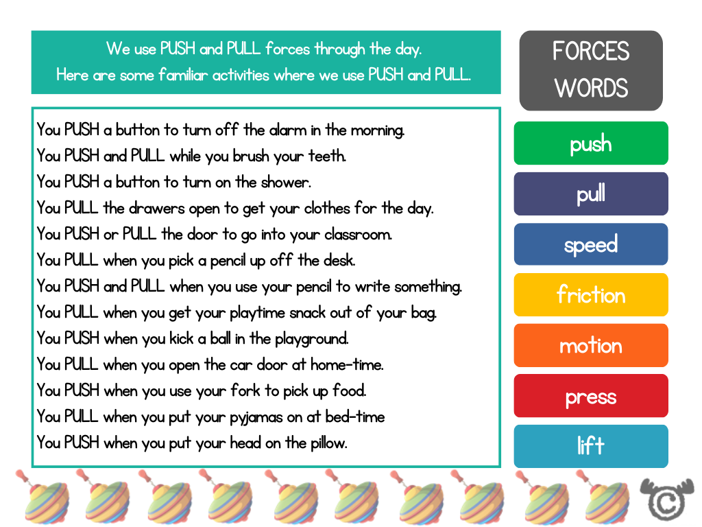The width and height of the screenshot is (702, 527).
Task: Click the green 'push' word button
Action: pyautogui.click(x=590, y=143)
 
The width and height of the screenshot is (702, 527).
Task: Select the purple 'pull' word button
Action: pyautogui.click(x=590, y=194)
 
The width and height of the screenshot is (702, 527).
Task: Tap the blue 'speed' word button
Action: pyautogui.click(x=590, y=244)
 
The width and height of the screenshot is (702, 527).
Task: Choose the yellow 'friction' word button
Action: pyautogui.click(x=590, y=295)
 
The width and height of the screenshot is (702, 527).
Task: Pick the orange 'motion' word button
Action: pyautogui.click(x=590, y=345)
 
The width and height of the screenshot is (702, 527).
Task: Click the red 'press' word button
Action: pyautogui.click(x=590, y=396)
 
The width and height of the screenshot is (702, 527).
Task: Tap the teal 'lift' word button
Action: pyautogui.click(x=590, y=446)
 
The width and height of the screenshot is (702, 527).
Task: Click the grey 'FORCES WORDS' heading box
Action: pyautogui.click(x=590, y=70)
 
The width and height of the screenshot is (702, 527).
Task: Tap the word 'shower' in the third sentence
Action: pyautogui.click(x=285, y=182)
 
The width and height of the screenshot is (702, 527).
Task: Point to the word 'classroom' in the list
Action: pyautogui.click(x=357, y=234)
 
